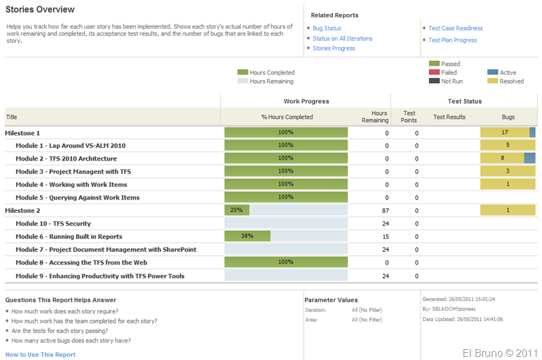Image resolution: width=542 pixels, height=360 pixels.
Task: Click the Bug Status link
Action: [327, 28]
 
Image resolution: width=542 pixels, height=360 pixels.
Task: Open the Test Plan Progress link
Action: [453, 40]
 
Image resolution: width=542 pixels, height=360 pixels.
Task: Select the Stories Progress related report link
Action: [334, 49]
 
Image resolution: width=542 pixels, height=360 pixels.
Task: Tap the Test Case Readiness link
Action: [455, 28]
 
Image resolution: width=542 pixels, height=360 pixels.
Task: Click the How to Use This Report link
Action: [40, 355]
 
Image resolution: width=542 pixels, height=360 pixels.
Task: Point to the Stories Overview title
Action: [40, 10]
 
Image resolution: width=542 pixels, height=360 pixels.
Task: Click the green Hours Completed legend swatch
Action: [242, 73]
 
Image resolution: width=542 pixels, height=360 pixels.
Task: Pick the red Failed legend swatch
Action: [434, 73]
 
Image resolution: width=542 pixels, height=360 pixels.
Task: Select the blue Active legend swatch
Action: [492, 73]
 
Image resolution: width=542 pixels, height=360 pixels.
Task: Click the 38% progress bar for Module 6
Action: [247, 236]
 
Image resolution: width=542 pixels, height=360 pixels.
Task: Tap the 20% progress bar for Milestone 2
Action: [236, 210]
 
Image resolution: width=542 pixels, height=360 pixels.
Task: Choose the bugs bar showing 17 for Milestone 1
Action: [505, 132]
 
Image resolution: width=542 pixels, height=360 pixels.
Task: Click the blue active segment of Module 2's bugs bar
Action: [530, 158]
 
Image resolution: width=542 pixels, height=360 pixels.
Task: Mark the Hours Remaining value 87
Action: [384, 210]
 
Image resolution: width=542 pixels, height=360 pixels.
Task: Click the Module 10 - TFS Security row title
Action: [53, 224]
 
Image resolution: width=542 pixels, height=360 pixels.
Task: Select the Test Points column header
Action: [408, 116]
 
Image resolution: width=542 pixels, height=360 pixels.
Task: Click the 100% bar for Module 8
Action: [286, 262]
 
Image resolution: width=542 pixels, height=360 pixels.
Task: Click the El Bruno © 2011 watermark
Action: [500, 352]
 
